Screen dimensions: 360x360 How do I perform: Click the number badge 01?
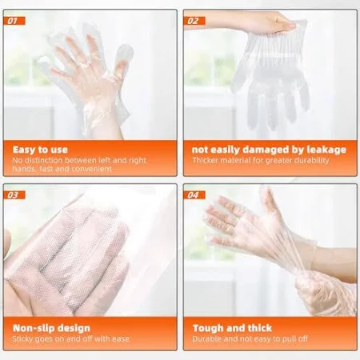[14, 21]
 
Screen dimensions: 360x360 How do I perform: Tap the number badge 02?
[194, 21]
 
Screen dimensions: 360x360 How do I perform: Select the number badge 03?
[14, 195]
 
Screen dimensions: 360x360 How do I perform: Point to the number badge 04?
[194, 195]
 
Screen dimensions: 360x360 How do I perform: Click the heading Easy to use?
[40, 150]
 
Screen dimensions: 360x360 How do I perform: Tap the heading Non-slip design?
[51, 328]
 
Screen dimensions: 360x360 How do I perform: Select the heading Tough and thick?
[232, 328]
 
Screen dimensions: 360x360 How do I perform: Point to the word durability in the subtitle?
[311, 160]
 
